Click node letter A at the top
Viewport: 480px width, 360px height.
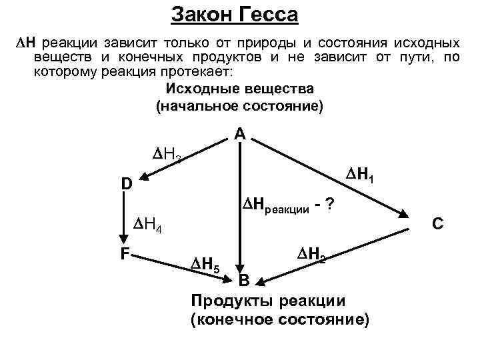point(240,134)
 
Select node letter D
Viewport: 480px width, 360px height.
point(127,183)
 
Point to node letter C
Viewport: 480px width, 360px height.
point(437,224)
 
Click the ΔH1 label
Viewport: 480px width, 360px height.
point(359,177)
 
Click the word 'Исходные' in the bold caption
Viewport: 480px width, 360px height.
point(196,89)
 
